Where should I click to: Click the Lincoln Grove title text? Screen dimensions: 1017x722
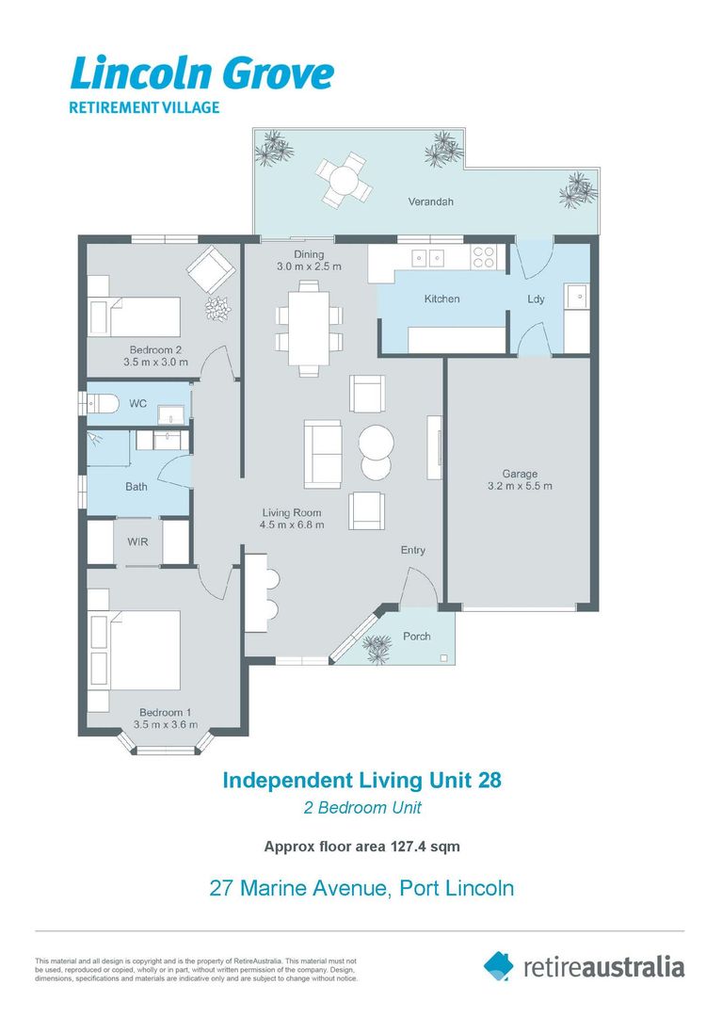pyautogui.click(x=201, y=73)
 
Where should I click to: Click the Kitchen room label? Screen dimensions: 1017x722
pyautogui.click(x=441, y=299)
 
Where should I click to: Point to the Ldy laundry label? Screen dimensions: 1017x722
pyautogui.click(x=536, y=299)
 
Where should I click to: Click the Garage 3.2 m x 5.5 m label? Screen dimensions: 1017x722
pyautogui.click(x=519, y=479)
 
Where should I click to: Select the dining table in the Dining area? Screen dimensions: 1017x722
pyautogui.click(x=310, y=328)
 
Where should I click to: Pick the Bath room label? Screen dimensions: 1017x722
pyautogui.click(x=136, y=487)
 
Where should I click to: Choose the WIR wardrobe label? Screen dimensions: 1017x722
pyautogui.click(x=137, y=542)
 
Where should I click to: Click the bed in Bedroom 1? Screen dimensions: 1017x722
pyautogui.click(x=137, y=650)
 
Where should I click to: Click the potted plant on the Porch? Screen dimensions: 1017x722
pyautogui.click(x=378, y=647)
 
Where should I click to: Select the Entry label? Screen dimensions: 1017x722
pyautogui.click(x=413, y=550)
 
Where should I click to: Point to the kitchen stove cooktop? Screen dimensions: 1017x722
pyautogui.click(x=484, y=257)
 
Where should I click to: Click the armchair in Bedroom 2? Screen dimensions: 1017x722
pyautogui.click(x=212, y=271)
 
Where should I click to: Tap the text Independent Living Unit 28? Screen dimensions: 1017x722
pyautogui.click(x=361, y=780)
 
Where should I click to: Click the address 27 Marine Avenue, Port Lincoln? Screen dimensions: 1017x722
pyautogui.click(x=361, y=887)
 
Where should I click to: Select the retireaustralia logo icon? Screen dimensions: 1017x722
pyautogui.click(x=499, y=965)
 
